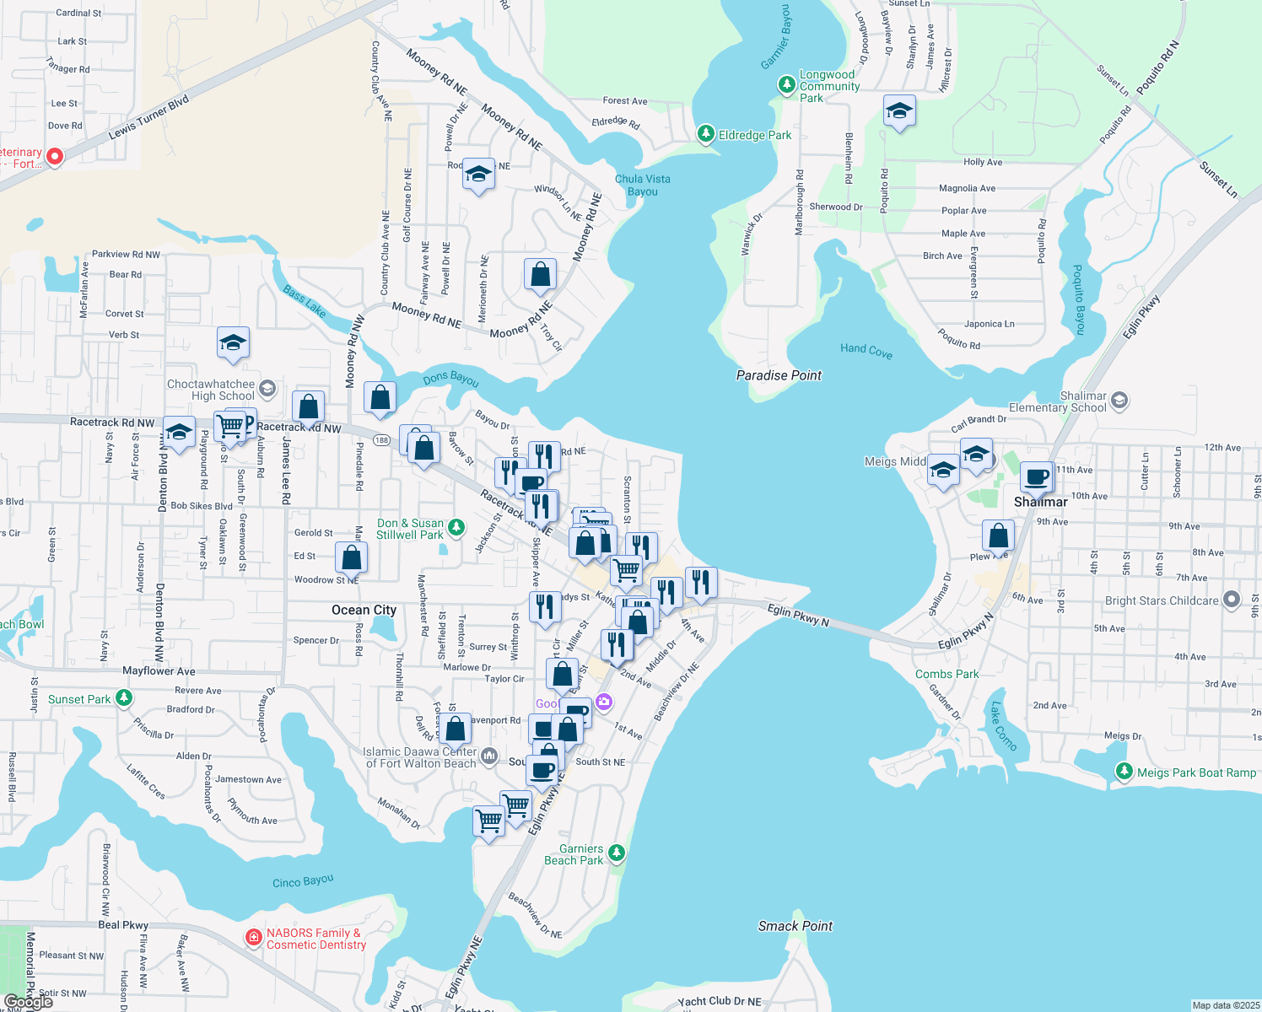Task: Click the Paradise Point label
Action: tap(779, 375)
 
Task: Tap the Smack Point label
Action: tap(795, 926)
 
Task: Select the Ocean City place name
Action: tap(364, 610)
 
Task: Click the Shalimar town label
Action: tap(1040, 502)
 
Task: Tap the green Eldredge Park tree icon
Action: tap(706, 134)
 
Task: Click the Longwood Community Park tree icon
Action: tap(786, 84)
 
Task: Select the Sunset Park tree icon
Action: tap(124, 698)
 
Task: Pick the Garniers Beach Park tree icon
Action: tap(617, 853)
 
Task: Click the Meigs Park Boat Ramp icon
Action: tap(1124, 772)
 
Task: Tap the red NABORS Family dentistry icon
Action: tap(253, 938)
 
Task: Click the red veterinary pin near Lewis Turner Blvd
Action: tap(55, 156)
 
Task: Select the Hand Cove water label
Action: tap(866, 350)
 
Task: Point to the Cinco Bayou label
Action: tap(303, 881)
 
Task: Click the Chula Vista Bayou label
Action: tap(643, 185)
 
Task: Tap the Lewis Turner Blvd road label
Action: tap(148, 118)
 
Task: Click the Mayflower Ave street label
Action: tap(159, 671)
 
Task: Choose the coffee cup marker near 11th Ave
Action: tap(1037, 477)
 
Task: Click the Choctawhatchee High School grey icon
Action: tap(267, 388)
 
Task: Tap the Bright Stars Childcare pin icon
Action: tap(1232, 600)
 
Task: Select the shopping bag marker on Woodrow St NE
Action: tap(352, 557)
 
